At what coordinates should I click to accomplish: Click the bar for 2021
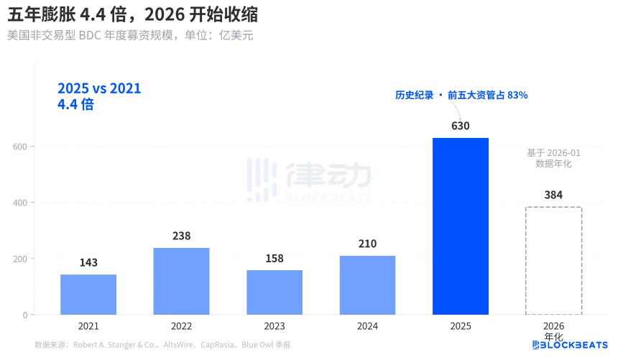[88, 295]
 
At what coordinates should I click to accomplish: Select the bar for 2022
[181, 281]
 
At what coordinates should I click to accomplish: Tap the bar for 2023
[275, 292]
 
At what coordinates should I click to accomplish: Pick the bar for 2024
[367, 285]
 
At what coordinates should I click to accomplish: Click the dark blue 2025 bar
[461, 226]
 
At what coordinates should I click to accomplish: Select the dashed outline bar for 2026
[553, 261]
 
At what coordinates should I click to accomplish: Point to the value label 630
[461, 126]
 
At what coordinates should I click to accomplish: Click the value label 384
[553, 195]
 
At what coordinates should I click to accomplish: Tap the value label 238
[181, 236]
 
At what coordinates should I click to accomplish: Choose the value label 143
[88, 262]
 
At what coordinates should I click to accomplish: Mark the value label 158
[275, 258]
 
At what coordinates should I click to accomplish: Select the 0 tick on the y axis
[24, 315]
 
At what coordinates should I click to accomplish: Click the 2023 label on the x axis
[275, 326]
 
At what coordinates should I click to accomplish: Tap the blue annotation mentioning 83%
[461, 95]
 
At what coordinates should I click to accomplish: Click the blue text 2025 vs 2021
[99, 88]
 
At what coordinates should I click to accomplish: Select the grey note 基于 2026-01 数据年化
[553, 158]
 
